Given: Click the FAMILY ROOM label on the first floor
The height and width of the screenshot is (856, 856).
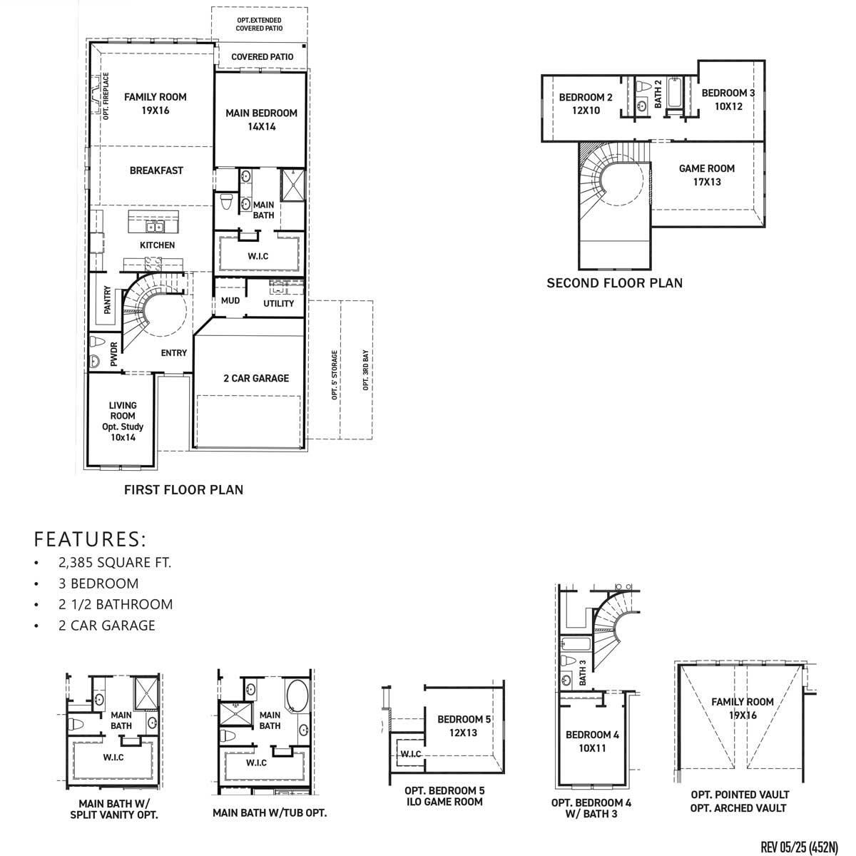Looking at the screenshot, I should click(155, 103).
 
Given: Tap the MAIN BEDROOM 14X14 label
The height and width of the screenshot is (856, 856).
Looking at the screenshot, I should click(261, 120).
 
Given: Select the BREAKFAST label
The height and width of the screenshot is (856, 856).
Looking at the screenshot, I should click(156, 170).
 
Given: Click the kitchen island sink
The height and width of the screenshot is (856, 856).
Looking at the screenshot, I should click(154, 227).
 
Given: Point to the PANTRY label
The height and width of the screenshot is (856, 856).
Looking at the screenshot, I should click(107, 300).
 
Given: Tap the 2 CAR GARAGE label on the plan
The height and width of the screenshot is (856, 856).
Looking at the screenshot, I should click(256, 378).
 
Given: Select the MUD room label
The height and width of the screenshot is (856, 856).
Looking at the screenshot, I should click(230, 300).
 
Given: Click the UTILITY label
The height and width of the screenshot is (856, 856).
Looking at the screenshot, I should click(278, 303).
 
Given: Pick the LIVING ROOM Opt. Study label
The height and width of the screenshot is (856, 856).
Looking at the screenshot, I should click(122, 421).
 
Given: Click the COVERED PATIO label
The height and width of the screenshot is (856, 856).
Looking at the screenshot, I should click(261, 57).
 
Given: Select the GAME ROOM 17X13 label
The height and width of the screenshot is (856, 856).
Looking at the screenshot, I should click(706, 175).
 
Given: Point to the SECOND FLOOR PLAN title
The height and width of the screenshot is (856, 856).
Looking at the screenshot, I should click(614, 283).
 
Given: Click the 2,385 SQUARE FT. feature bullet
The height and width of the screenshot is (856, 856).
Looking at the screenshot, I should click(115, 562).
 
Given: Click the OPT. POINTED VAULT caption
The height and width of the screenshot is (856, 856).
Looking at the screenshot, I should click(740, 794).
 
